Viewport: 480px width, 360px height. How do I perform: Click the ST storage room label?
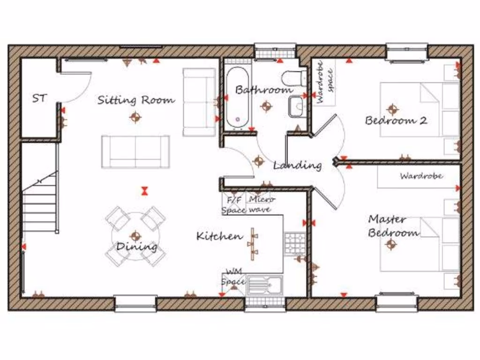[40, 98]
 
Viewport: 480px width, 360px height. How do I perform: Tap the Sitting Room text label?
[136, 100]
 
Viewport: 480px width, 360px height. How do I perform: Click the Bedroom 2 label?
[396, 120]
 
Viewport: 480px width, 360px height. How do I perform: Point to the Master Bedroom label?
[393, 225]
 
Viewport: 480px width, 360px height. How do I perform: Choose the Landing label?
[297, 165]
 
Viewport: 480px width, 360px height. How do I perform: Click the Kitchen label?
[219, 236]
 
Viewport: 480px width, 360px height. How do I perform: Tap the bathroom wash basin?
[297, 106]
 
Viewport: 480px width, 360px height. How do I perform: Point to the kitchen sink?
[263, 285]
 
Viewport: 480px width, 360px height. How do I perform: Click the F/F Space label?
[233, 205]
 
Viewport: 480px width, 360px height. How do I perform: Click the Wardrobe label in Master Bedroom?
[421, 176]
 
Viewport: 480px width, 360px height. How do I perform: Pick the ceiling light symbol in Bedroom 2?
[392, 109]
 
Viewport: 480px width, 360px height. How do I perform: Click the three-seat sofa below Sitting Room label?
[135, 151]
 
